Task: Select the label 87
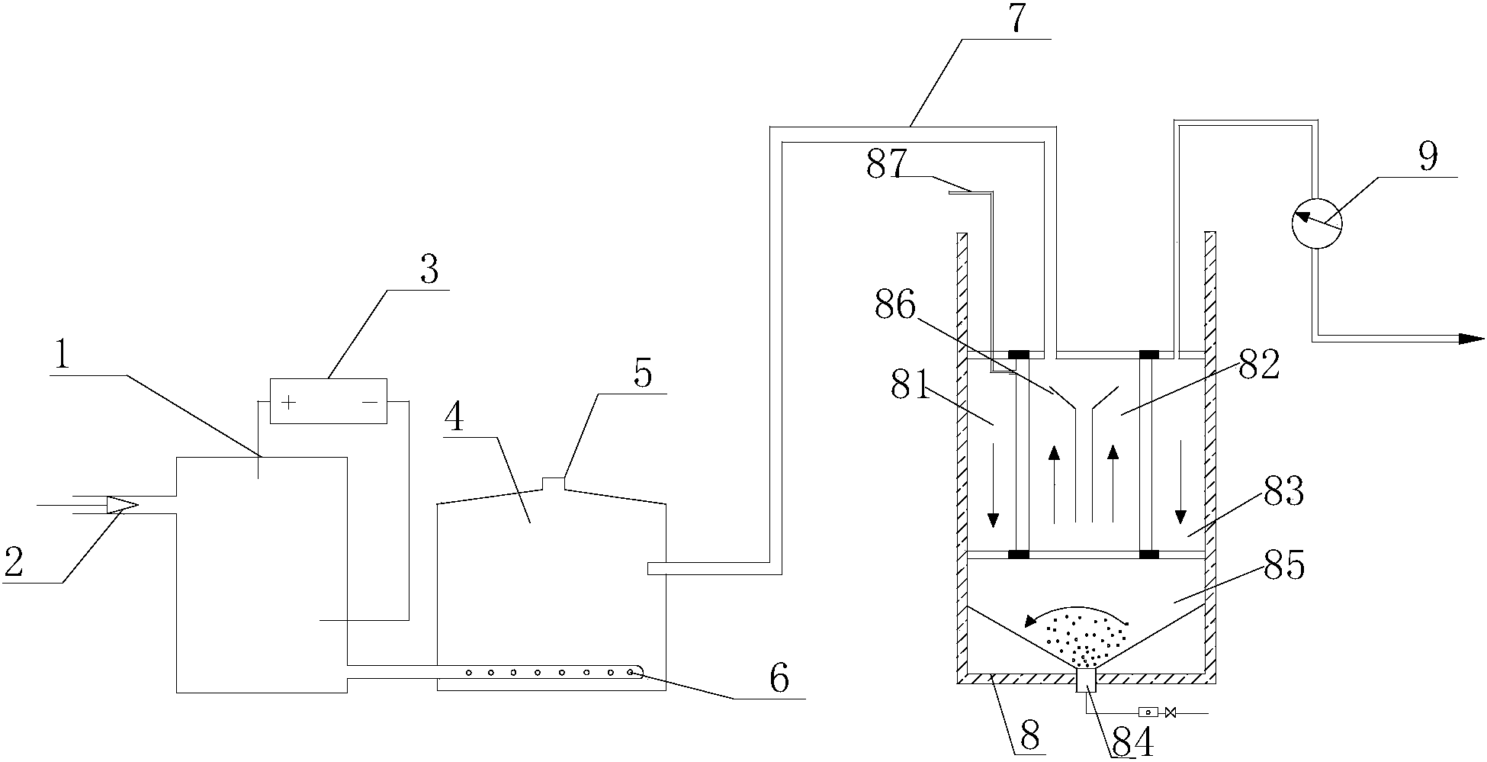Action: pyautogui.click(x=887, y=165)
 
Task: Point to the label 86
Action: pyautogui.click(x=894, y=306)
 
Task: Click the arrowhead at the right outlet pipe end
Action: pyautogui.click(x=1471, y=339)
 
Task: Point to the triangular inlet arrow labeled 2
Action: pyautogui.click(x=121, y=504)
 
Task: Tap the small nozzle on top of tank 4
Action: pyautogui.click(x=553, y=483)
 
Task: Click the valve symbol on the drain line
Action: pyautogui.click(x=1171, y=712)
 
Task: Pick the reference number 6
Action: pyautogui.click(x=778, y=678)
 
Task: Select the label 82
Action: pyautogui.click(x=1259, y=367)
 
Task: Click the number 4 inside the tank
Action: pyautogui.click(x=454, y=418)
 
